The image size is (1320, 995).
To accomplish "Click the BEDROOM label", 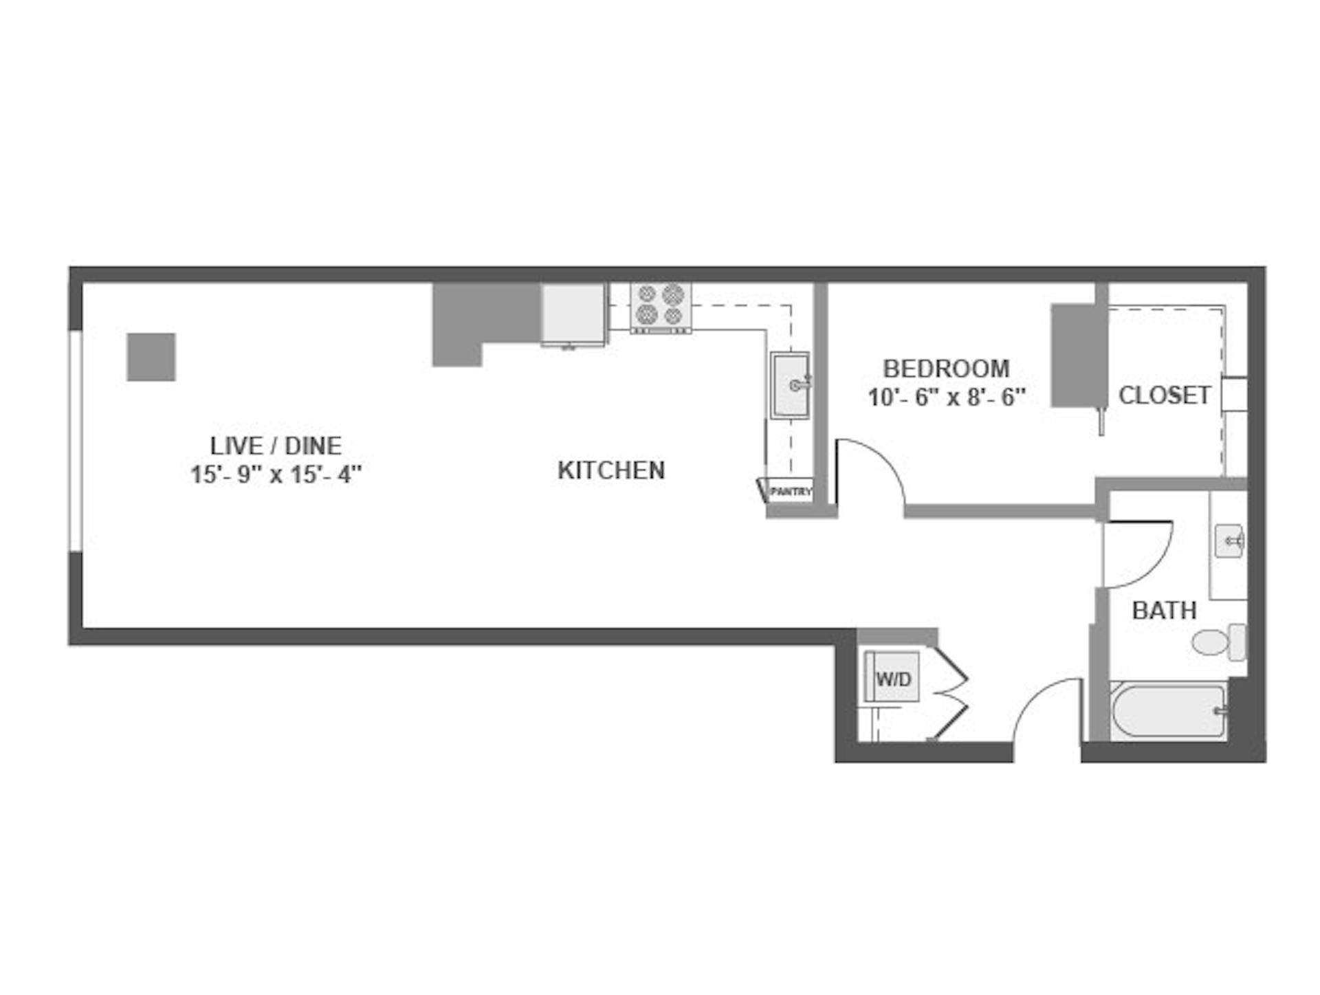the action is click(946, 369).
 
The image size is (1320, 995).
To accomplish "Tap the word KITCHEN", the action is click(611, 470).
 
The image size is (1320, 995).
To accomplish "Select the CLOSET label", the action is click(1165, 395).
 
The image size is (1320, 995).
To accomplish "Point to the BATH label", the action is click(1164, 611).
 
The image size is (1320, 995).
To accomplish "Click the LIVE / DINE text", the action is click(276, 446).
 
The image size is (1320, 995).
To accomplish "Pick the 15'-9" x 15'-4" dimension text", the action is click(276, 474).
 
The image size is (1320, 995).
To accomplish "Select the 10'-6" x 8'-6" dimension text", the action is click(947, 397).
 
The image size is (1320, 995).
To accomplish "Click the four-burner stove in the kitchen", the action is click(661, 307).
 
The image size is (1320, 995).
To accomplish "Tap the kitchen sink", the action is click(790, 385).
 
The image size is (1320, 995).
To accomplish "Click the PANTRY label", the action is click(791, 492).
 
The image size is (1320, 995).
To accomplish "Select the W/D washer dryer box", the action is click(892, 677).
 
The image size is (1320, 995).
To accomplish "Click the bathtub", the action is click(1169, 711).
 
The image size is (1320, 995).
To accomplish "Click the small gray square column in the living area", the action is click(151, 357).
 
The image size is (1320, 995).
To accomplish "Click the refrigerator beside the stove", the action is click(573, 314).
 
